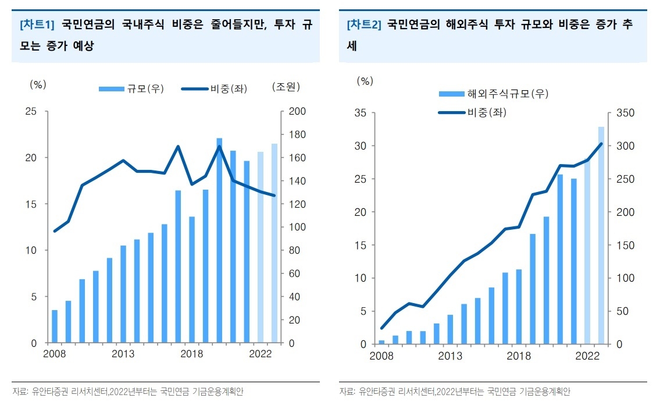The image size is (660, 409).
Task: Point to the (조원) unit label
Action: tap(286, 86)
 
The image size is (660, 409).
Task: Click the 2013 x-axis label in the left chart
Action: tap(123, 354)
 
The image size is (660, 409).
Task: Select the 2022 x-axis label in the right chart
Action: tap(587, 355)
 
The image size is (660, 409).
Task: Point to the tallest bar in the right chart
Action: tap(601, 235)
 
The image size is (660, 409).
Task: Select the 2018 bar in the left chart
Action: tap(192, 280)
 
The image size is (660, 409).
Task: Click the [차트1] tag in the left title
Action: tap(37, 25)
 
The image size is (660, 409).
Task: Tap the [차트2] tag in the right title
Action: tap(364, 25)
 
